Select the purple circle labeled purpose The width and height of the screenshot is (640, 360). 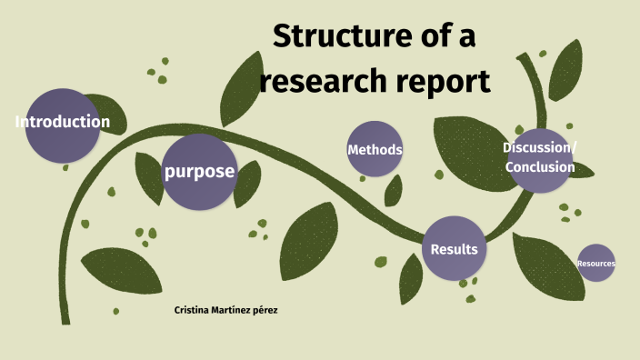coord(199,172)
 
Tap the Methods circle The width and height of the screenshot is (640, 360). coord(375,149)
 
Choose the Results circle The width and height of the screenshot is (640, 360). coord(454,248)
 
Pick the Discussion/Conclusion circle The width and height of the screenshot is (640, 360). coord(539,159)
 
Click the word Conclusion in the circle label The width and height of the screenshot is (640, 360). coord(540,167)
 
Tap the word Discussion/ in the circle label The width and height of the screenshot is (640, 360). coord(539,148)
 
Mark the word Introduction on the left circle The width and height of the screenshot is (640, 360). coord(63,122)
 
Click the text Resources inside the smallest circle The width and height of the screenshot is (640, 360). coord(596,265)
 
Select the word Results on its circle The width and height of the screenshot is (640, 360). coord(454,249)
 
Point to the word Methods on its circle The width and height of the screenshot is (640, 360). coord(375,149)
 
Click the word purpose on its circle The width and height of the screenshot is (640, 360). coord(199,172)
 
